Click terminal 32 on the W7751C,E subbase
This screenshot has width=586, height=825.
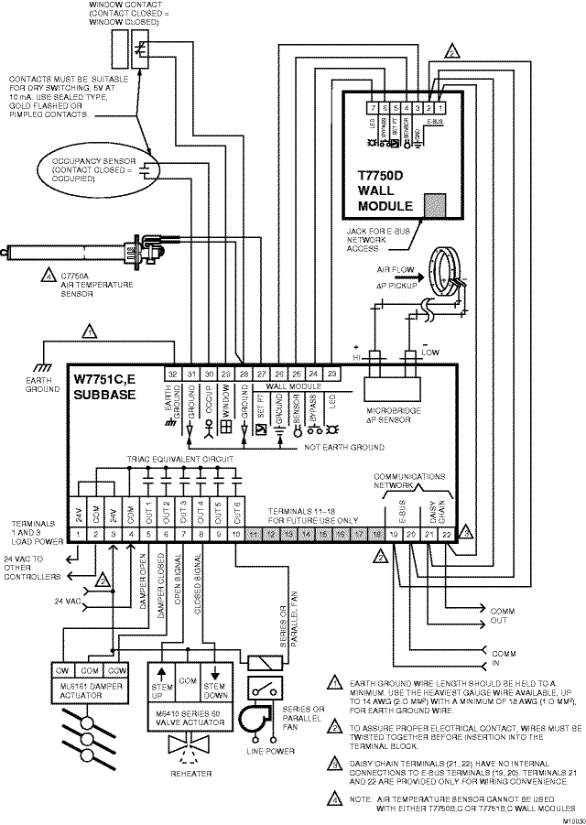[172, 374]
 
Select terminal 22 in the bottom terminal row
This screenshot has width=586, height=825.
[446, 533]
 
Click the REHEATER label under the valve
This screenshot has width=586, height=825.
[190, 774]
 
